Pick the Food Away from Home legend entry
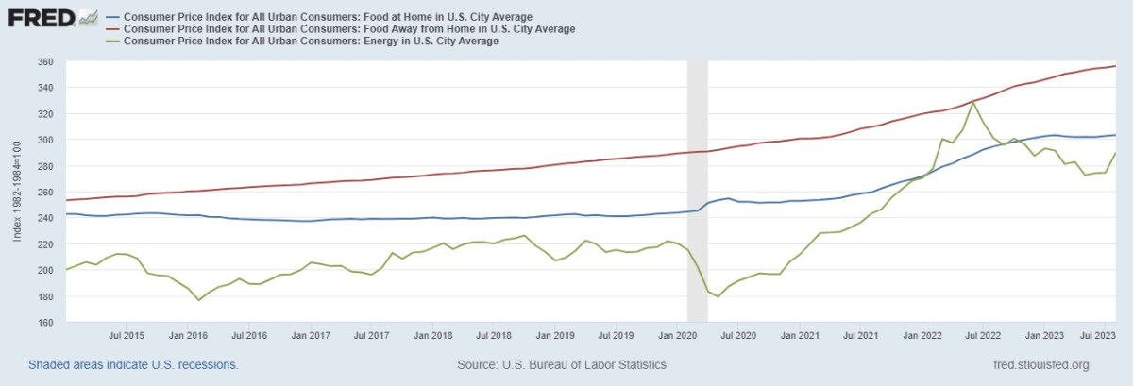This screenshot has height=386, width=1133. [x=348, y=29]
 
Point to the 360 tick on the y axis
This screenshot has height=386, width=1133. [x=44, y=62]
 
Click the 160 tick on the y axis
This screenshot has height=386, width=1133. [x=44, y=323]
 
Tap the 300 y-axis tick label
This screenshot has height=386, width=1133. [x=44, y=141]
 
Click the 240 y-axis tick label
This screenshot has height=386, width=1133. [x=44, y=219]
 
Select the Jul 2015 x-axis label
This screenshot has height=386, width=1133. [x=127, y=335]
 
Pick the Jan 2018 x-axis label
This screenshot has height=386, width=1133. [x=433, y=335]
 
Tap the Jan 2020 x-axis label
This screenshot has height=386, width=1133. [x=677, y=335]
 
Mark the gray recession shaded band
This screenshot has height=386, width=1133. [x=697, y=189]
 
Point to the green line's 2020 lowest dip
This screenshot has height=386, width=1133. [x=719, y=296]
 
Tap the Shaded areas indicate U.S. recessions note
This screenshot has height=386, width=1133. [x=133, y=364]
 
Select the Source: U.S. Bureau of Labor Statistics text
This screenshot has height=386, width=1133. [x=562, y=364]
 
